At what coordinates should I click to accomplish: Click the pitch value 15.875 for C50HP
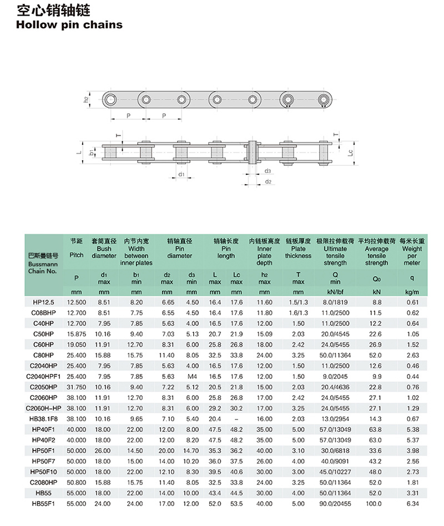(77, 334)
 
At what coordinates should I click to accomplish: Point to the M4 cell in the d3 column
(191, 376)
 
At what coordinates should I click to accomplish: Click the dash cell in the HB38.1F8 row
(237, 419)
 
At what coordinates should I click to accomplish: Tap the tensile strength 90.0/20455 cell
(335, 504)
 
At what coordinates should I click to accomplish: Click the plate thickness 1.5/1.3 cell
(298, 302)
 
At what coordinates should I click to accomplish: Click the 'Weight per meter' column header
(412, 252)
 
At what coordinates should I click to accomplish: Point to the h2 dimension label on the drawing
(86, 100)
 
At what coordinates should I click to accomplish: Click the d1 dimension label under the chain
(181, 174)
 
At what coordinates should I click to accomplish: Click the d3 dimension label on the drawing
(268, 171)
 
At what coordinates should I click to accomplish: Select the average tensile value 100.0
(377, 504)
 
